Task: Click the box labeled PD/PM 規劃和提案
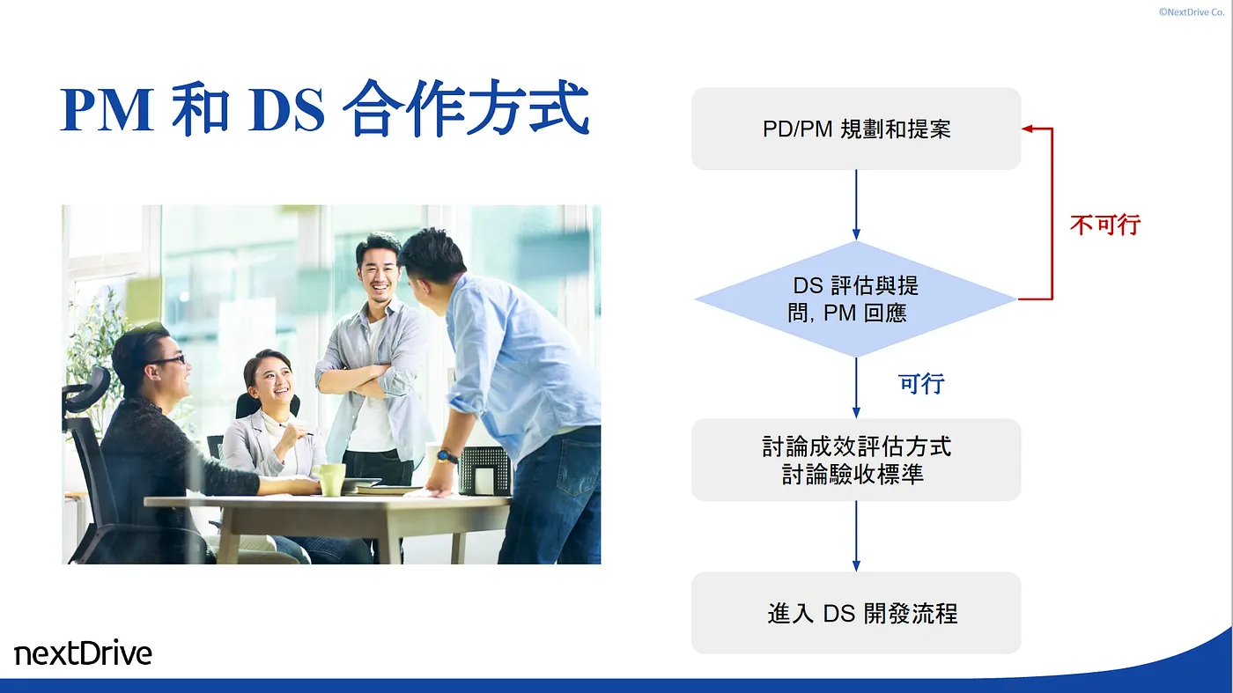[856, 129]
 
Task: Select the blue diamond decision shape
[856, 299]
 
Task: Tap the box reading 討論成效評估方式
[856, 460]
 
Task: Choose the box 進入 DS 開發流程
[856, 613]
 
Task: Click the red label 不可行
[1105, 225]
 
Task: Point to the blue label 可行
[921, 384]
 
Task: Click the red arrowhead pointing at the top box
[1028, 129]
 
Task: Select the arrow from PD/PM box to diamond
[856, 205]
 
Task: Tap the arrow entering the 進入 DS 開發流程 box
[856, 536]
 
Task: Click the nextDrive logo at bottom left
[83, 652]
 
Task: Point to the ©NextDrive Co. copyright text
[1191, 12]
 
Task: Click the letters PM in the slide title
[107, 109]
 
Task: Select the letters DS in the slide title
[286, 109]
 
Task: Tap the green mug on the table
[329, 479]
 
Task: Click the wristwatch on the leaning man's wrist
[447, 456]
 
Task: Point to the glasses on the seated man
[167, 360]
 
